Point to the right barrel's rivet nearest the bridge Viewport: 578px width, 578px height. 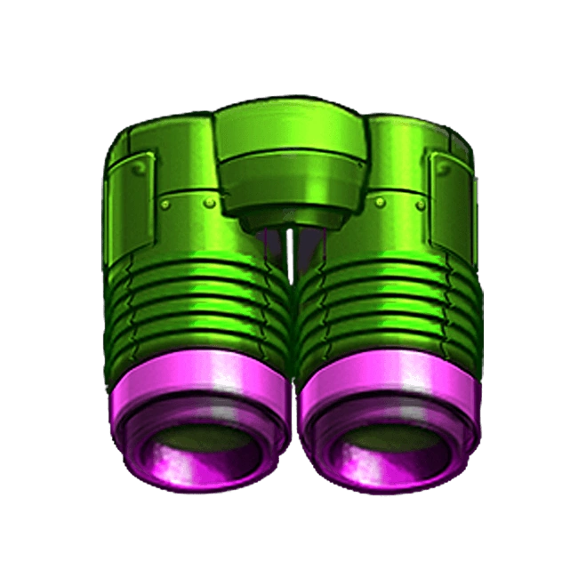[380, 203]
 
